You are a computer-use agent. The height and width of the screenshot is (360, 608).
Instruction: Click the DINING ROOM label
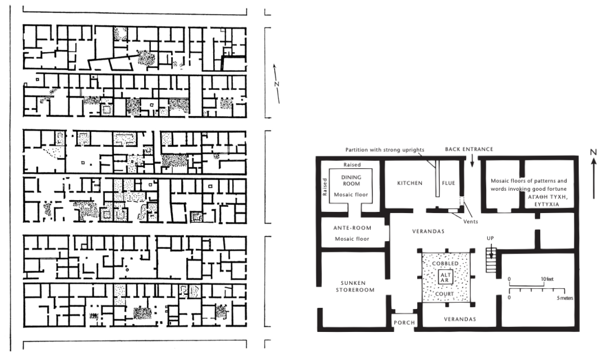[351, 180]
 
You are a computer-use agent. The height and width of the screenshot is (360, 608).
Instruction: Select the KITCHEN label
[409, 183]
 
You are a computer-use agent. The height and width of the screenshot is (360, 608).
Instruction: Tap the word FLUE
[448, 183]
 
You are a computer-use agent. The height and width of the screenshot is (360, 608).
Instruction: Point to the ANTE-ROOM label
[352, 228]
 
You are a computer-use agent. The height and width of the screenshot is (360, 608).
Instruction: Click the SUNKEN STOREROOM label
[355, 287]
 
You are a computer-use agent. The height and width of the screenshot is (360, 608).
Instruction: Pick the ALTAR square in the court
[445, 277]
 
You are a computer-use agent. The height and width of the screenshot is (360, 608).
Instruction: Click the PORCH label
[404, 322]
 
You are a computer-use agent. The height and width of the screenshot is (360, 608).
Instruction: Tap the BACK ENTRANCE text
[469, 149]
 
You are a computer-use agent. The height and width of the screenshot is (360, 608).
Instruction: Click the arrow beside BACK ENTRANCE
[472, 160]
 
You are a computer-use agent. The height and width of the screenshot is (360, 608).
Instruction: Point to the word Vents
[471, 221]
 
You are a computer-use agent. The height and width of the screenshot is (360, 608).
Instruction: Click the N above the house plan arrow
[593, 153]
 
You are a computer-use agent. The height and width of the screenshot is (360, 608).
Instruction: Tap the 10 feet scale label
[547, 279]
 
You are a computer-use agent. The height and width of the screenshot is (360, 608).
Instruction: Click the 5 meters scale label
[565, 298]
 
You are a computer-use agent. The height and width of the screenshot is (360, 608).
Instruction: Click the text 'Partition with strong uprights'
[385, 150]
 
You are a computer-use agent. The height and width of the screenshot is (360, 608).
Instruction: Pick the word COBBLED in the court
[445, 264]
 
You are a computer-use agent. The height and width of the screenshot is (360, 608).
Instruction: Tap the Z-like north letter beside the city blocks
[277, 84]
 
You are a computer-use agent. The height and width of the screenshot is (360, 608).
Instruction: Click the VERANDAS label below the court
[460, 319]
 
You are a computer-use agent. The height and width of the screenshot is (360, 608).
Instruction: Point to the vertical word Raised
[325, 187]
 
